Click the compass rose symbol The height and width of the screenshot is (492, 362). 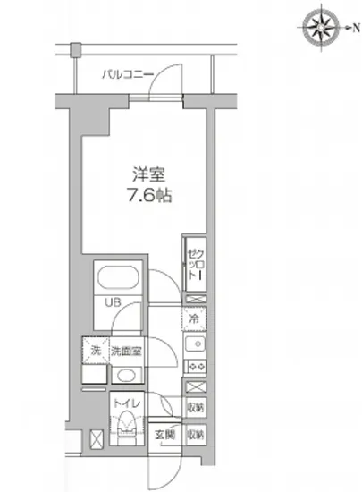click(x=319, y=26)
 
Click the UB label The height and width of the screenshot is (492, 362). click(x=114, y=302)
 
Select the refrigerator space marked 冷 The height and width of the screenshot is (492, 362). click(x=194, y=318)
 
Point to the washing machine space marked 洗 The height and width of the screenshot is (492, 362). click(x=97, y=350)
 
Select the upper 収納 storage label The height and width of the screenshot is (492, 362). click(x=196, y=408)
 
